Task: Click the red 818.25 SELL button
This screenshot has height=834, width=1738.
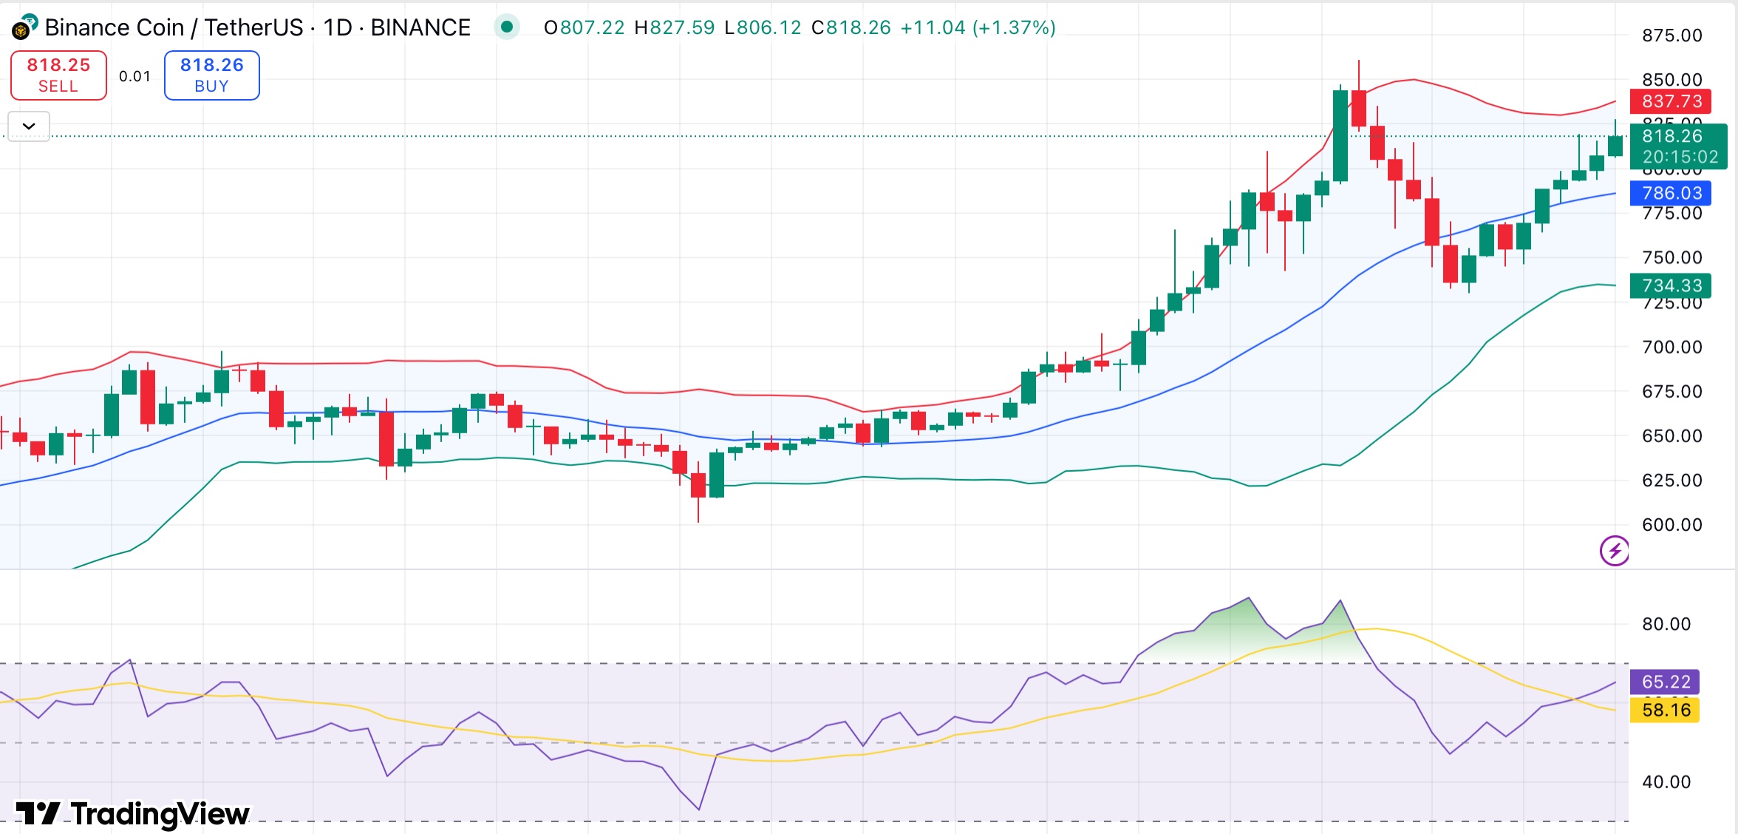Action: coord(58,75)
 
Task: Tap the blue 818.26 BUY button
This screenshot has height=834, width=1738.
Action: coord(211,75)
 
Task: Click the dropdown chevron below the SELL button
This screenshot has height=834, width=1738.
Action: coord(29,126)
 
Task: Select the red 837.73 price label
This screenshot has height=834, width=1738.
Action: coord(1671,101)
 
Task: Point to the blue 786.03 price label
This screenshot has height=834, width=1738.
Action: coord(1671,193)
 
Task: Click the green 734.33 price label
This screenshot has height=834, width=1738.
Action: coord(1671,285)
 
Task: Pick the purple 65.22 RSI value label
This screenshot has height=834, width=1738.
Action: coord(1666,682)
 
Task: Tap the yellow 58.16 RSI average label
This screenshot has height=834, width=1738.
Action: coord(1666,710)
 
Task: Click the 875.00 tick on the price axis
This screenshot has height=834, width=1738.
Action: coord(1671,35)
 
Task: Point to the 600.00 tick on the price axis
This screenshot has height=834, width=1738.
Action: coord(1671,525)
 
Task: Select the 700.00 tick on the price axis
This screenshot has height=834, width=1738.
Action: coord(1671,347)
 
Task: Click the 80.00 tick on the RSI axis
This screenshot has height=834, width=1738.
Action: coord(1666,624)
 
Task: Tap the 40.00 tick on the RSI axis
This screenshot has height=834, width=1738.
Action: coord(1666,782)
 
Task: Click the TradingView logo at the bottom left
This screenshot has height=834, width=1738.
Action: coord(133,813)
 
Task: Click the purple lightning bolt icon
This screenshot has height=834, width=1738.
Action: coord(1615,551)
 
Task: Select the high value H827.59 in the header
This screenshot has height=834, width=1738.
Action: coord(674,27)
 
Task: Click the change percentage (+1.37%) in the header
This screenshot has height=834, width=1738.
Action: coord(1014,27)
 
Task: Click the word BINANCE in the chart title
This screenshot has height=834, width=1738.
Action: coord(420,27)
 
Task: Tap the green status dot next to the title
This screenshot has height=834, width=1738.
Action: coord(507,27)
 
